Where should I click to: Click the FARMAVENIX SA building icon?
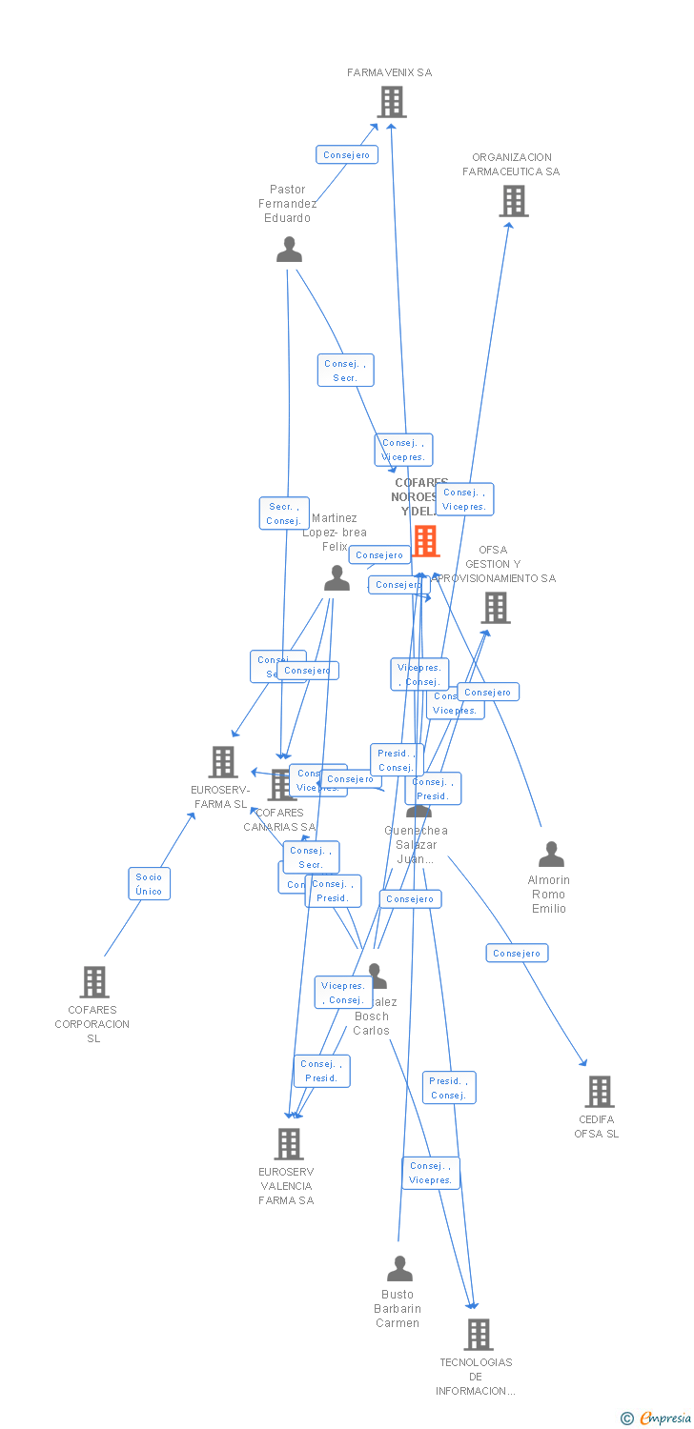click(391, 102)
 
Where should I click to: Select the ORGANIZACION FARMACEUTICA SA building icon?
click(514, 201)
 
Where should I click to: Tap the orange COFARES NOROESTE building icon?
click(425, 541)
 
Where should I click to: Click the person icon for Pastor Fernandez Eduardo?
click(289, 250)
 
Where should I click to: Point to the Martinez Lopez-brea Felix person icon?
click(337, 578)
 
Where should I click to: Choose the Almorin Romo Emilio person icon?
click(551, 855)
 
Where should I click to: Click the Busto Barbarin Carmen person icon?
click(399, 1269)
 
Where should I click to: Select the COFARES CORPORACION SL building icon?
click(94, 981)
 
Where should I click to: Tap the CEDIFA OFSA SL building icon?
click(599, 1092)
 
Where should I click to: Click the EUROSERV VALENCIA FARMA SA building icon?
click(288, 1144)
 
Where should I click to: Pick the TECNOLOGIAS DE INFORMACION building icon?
click(479, 1335)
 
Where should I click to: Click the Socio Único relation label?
click(150, 884)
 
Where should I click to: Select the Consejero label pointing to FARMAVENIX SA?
click(347, 154)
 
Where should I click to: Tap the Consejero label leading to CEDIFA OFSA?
click(517, 953)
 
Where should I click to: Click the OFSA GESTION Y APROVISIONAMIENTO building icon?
click(495, 608)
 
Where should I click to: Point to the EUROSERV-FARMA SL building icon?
click(223, 762)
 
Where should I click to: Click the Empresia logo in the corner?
click(657, 1419)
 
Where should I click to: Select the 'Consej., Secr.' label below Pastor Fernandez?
click(345, 371)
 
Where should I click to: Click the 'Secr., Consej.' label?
click(284, 513)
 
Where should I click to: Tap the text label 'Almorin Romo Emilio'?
click(549, 895)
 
